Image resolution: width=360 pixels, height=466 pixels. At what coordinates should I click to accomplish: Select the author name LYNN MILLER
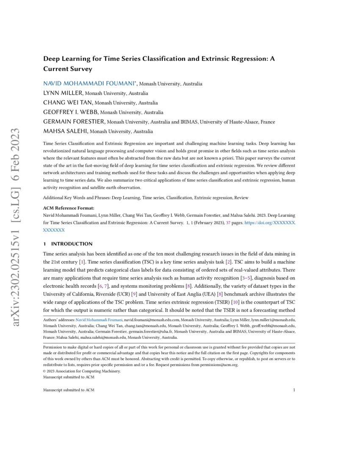point(64,93)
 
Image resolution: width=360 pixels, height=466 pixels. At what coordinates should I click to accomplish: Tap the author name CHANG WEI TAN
point(68,103)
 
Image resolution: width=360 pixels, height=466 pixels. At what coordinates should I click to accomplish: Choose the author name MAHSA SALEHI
point(66,131)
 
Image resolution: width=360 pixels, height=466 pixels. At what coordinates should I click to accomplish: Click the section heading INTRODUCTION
point(72,244)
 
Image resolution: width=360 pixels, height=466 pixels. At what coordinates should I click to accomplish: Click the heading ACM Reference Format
point(69,208)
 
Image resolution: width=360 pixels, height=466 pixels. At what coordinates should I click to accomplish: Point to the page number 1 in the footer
point(294,390)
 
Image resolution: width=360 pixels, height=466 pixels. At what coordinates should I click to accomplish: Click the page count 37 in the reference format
point(227,222)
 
